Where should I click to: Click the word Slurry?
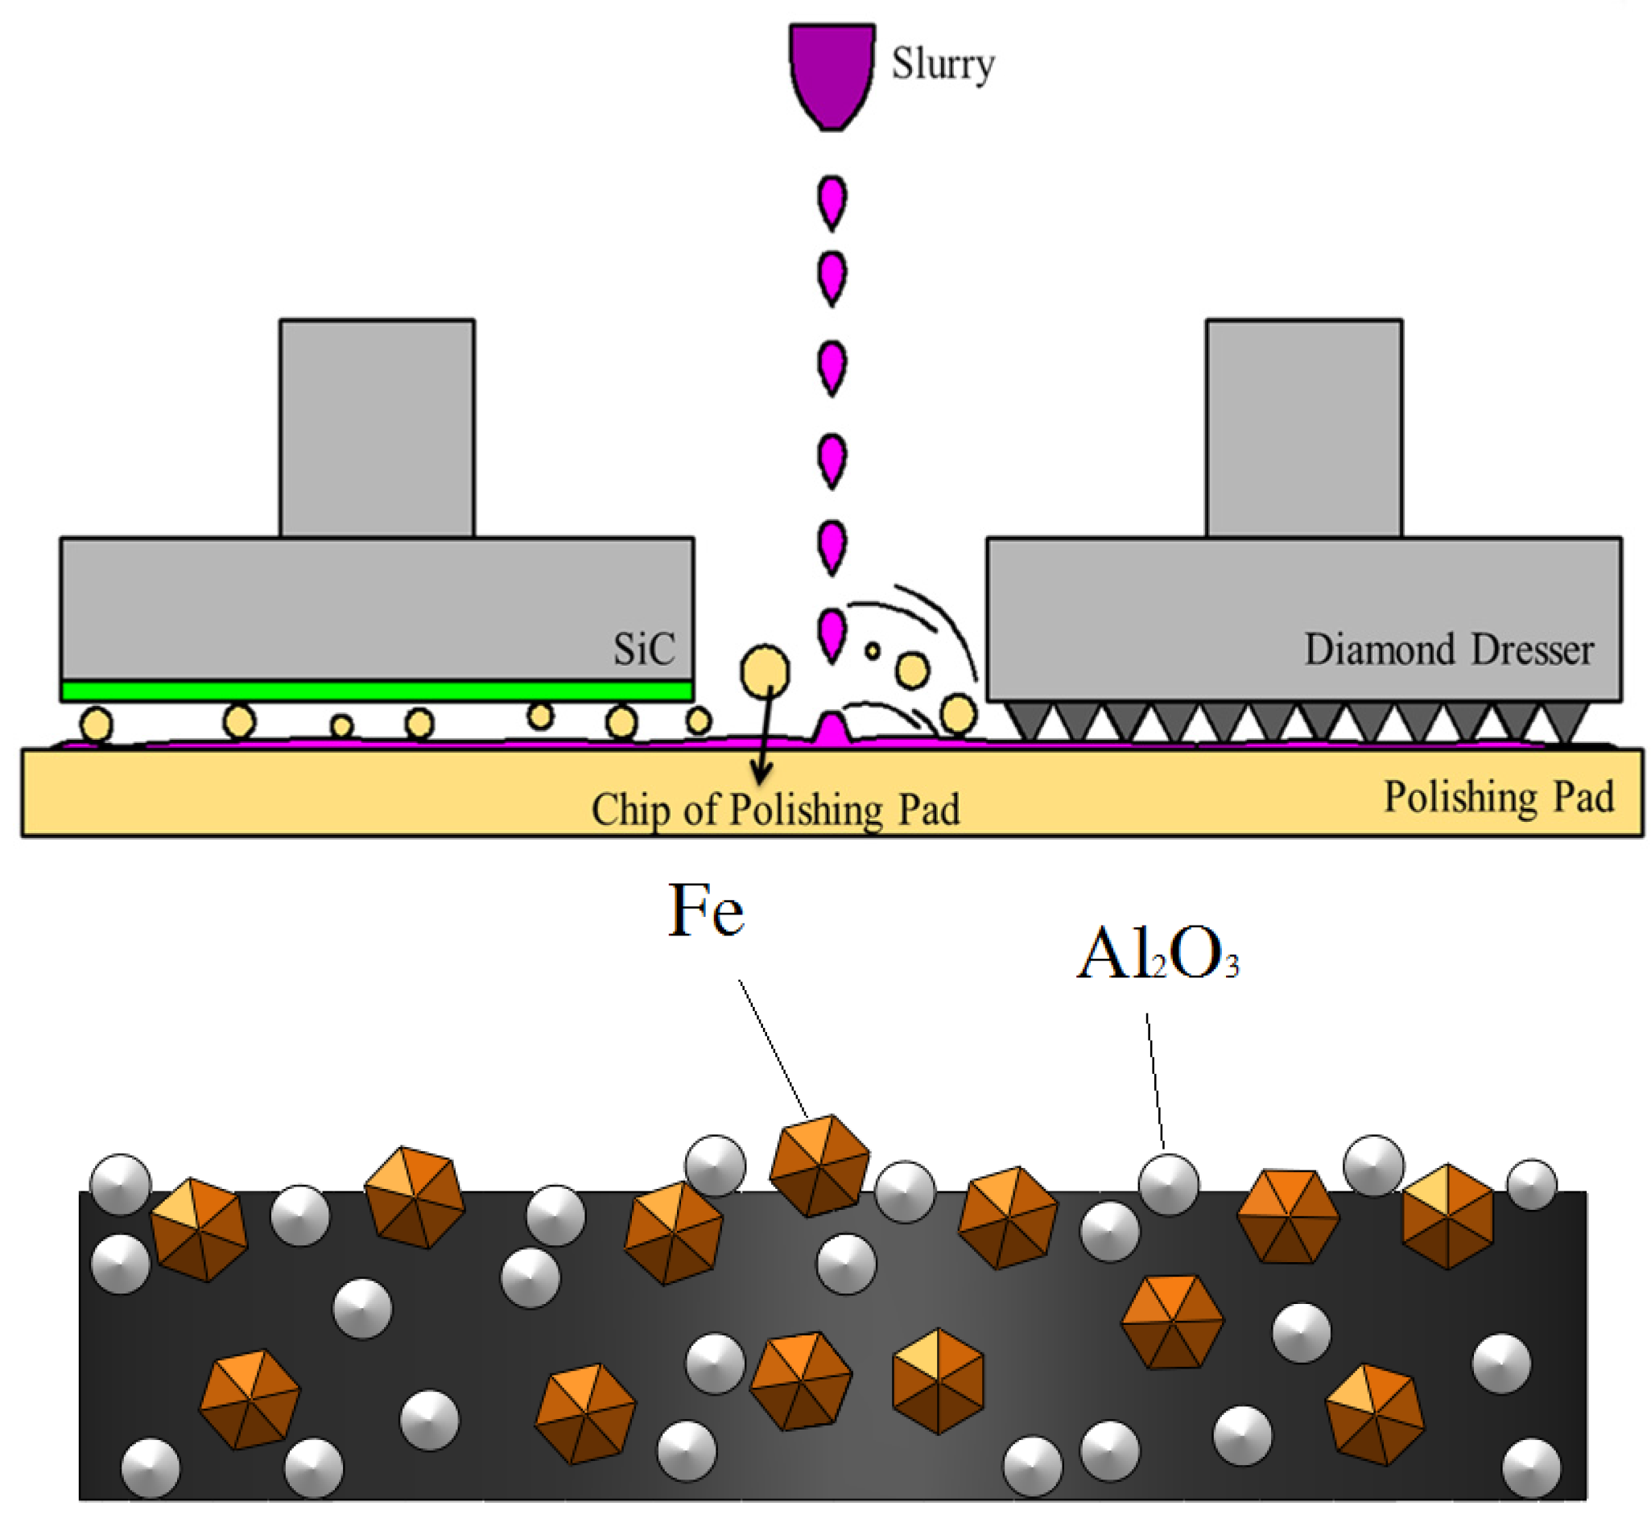click(x=941, y=64)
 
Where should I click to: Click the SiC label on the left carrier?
click(x=644, y=649)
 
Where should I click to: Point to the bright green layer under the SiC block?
click(x=376, y=691)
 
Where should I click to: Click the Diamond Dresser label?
click(x=1447, y=650)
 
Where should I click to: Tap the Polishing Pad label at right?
click(x=1498, y=797)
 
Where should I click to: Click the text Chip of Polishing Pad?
click(x=774, y=810)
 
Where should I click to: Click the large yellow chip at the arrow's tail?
click(x=764, y=671)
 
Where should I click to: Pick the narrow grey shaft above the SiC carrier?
click(x=376, y=428)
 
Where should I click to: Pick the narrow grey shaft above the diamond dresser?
click(x=1303, y=428)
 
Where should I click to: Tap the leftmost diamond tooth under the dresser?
click(x=1028, y=717)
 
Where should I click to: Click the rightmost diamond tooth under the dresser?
click(x=1564, y=717)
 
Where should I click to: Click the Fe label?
click(x=706, y=911)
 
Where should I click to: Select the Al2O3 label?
click(x=1157, y=955)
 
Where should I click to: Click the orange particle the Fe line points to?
click(x=819, y=1165)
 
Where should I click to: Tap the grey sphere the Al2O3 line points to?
click(x=1167, y=1185)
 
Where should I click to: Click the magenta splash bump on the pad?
click(x=831, y=729)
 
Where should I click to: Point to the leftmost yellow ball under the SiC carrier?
click(x=96, y=724)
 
